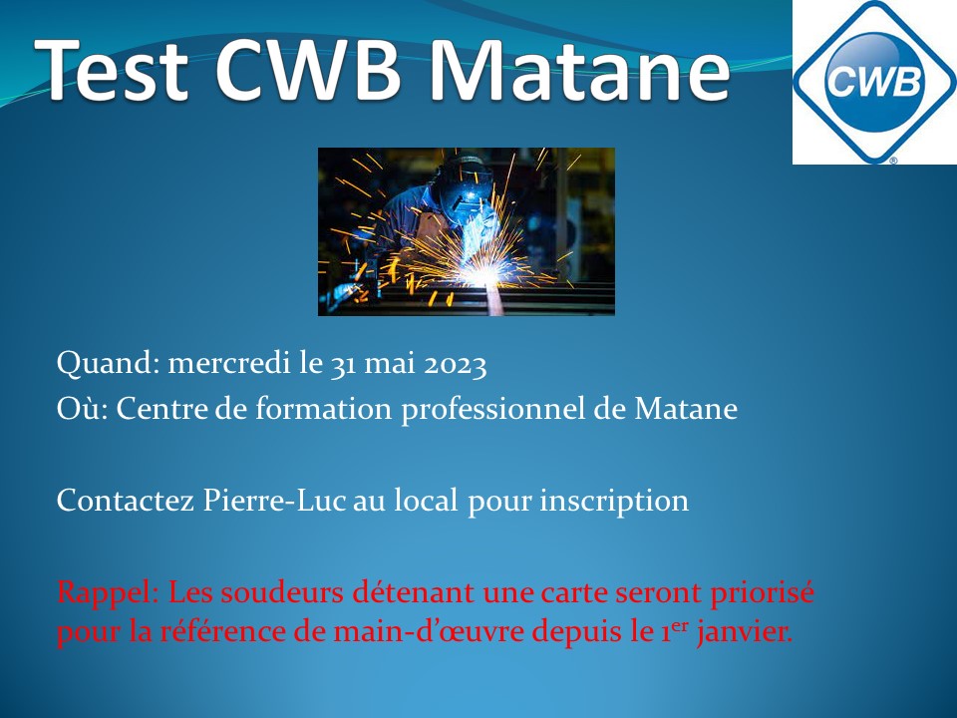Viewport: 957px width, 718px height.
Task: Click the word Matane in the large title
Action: coord(578,69)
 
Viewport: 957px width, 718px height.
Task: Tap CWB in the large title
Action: coord(308,69)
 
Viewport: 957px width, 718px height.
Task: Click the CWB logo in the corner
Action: coord(874,82)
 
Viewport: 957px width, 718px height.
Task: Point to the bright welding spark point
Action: coord(483,276)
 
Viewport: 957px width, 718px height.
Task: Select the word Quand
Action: coord(108,363)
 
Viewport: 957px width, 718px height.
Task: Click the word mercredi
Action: coord(229,363)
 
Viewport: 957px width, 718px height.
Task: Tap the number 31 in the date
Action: coord(344,365)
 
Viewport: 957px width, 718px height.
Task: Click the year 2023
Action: coord(456,365)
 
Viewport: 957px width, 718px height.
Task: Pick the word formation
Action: coord(323,408)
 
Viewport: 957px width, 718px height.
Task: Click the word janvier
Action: coord(745,632)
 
